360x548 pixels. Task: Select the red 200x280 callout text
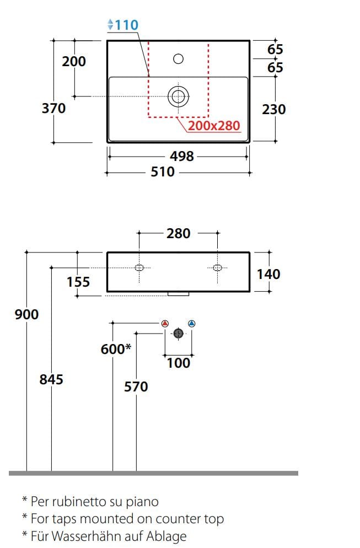[x=214, y=126]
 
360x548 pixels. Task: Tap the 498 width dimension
[x=181, y=157]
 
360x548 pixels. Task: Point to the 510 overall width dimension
[x=163, y=172]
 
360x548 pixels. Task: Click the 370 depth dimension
[x=53, y=109]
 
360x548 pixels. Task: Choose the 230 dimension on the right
[x=274, y=109]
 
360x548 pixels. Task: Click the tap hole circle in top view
[x=178, y=58]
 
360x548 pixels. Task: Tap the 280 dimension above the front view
[x=178, y=233]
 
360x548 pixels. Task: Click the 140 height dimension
[x=268, y=273]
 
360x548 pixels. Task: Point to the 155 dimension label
[x=78, y=282]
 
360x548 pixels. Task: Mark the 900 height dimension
[x=27, y=314]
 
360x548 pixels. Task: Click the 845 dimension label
[x=51, y=379]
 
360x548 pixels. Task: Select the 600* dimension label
[x=116, y=349]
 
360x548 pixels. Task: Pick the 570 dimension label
[x=136, y=387]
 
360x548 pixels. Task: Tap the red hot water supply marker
[x=165, y=324]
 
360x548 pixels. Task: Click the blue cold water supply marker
[x=191, y=324]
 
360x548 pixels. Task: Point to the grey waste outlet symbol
[x=178, y=334]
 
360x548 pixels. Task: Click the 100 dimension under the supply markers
[x=178, y=363]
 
